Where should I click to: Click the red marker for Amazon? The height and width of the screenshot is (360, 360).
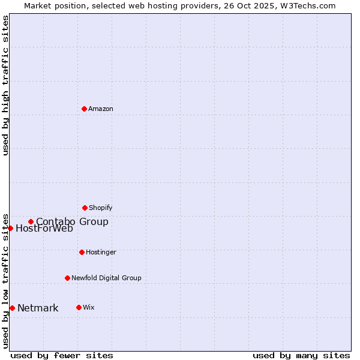[84, 109]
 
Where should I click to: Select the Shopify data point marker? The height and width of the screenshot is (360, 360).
[85, 208]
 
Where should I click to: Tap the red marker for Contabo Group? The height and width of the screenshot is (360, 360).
[31, 221]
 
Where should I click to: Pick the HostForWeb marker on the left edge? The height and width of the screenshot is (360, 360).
[10, 228]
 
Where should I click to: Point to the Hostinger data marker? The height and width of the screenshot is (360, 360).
[82, 252]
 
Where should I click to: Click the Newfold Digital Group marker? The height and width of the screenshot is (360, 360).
[67, 278]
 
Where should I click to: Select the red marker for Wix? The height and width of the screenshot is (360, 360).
[79, 307]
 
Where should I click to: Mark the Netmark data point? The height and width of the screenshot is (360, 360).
[12, 308]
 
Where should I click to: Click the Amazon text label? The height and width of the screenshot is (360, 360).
[101, 109]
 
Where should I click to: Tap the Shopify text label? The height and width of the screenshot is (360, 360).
[101, 208]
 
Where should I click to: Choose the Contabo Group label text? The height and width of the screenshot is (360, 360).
[72, 222]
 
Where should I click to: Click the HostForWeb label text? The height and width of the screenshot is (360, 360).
[44, 229]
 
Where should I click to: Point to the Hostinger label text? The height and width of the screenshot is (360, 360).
[101, 253]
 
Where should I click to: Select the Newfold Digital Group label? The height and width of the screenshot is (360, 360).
[106, 278]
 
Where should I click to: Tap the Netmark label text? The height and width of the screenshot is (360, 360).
[38, 308]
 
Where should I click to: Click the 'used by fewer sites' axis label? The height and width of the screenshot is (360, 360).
[62, 355]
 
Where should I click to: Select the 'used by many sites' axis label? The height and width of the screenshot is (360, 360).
[301, 355]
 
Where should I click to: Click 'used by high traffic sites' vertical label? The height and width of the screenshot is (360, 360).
[6, 85]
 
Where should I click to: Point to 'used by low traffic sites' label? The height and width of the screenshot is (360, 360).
[6, 280]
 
